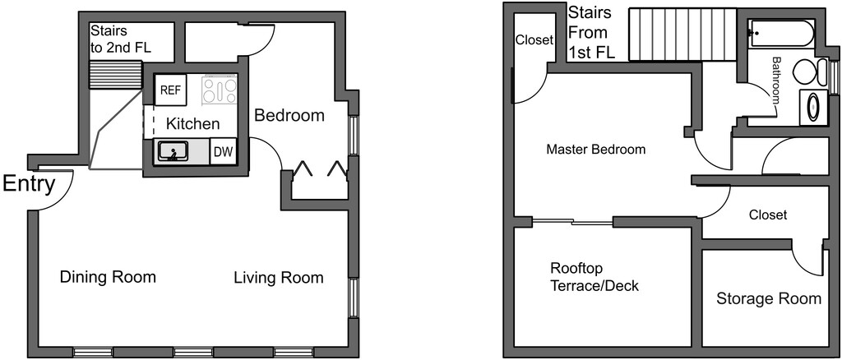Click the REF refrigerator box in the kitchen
(170, 90)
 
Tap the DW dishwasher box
(223, 151)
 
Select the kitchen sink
(173, 150)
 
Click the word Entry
(28, 184)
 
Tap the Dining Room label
(108, 277)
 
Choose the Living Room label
(278, 278)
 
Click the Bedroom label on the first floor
(289, 115)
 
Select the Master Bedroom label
(595, 150)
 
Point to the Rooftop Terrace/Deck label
(594, 277)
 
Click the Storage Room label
(768, 298)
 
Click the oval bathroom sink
(813, 108)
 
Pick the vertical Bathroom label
(776, 79)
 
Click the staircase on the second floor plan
(682, 35)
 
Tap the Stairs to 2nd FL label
(120, 39)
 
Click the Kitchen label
(193, 124)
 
